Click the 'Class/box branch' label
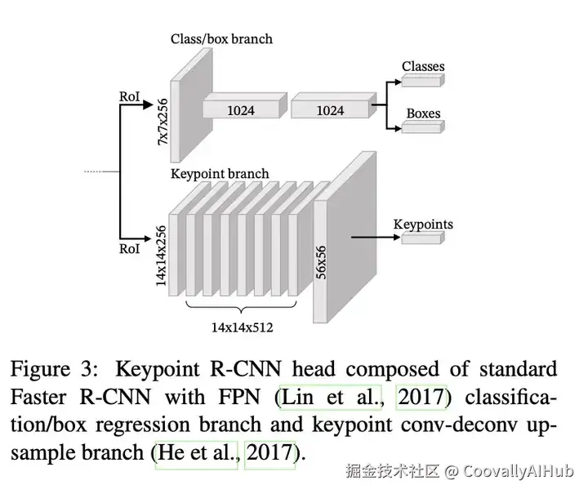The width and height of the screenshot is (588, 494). (x=221, y=38)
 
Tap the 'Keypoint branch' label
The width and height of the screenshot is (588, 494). (x=219, y=174)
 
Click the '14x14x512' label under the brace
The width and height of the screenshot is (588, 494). (x=242, y=327)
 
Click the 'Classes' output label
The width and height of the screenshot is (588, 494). (x=423, y=66)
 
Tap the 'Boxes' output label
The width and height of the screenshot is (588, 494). (x=422, y=113)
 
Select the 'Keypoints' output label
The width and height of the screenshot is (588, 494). (x=423, y=224)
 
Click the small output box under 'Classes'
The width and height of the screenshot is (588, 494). (x=422, y=80)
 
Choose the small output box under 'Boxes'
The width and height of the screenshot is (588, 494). (x=422, y=127)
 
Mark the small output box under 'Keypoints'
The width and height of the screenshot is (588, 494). (x=422, y=238)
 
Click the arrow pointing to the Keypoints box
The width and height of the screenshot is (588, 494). (x=376, y=238)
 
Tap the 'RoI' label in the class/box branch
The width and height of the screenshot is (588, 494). (x=129, y=96)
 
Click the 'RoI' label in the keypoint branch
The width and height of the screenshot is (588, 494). (x=129, y=247)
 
